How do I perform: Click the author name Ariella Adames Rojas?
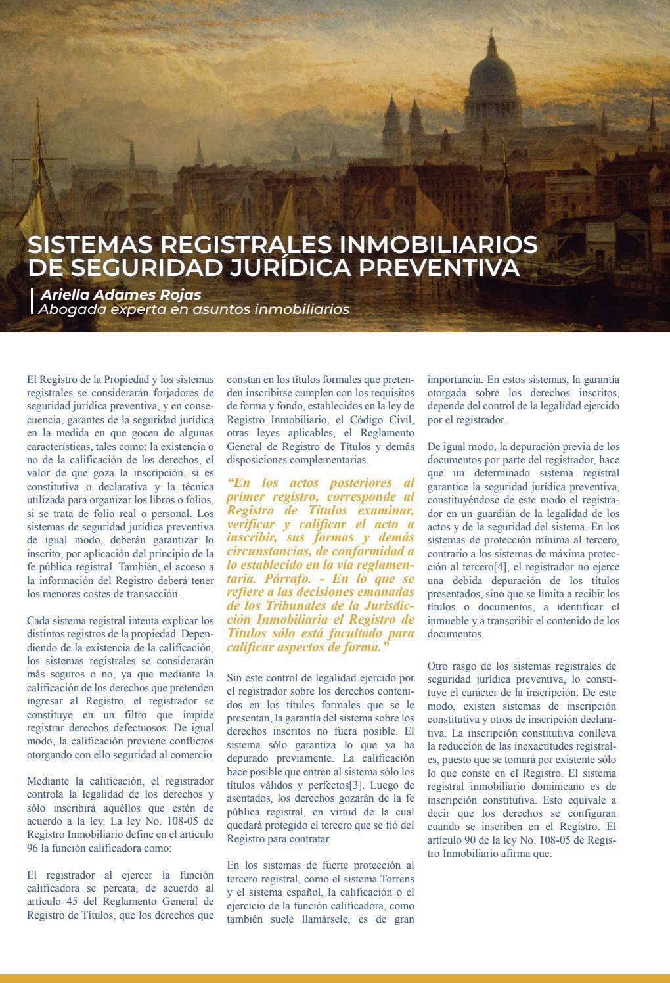coord(121,294)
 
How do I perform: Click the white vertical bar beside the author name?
coord(32,301)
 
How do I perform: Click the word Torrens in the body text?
coord(397,879)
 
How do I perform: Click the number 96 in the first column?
coord(33,848)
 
